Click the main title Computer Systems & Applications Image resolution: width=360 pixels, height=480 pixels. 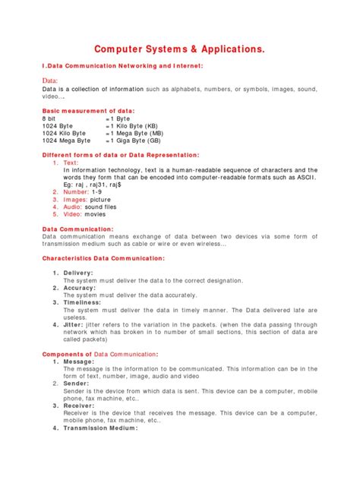179,49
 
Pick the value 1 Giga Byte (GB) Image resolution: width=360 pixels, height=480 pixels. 144,141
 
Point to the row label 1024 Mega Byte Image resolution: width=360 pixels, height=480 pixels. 66,141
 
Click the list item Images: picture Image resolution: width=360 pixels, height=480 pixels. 87,199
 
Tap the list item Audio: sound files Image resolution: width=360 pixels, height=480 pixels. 90,207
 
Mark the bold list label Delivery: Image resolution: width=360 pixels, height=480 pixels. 78,273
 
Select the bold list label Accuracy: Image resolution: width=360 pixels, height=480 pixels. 79,288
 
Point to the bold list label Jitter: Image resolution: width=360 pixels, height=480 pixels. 75,324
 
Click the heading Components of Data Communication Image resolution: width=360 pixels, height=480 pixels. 100,354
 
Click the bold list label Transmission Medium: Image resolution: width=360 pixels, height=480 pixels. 100,428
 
